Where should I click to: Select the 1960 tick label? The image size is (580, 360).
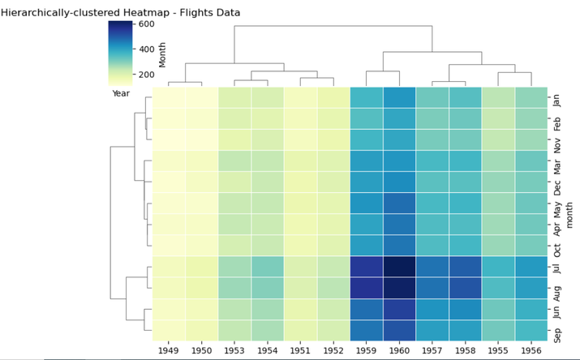tap(399, 350)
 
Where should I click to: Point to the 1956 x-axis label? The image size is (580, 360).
tap(531, 350)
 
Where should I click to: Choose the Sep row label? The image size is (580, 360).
tap(556, 332)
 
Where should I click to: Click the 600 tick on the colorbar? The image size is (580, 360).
tap(147, 24)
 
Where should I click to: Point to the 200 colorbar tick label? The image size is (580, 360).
tap(147, 75)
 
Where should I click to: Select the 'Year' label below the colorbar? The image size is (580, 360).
tap(121, 93)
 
